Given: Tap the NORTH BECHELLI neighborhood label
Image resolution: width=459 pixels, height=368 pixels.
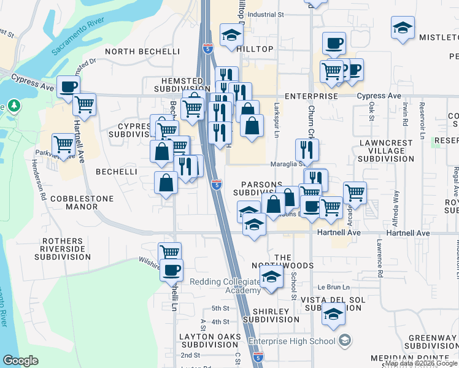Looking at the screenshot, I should coord(142,52).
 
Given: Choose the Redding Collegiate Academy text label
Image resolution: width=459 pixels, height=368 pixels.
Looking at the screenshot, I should coord(225,286).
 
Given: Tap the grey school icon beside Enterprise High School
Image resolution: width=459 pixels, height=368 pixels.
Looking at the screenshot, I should coord(345,340).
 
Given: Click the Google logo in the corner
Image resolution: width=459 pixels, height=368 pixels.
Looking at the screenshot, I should coord(20,361).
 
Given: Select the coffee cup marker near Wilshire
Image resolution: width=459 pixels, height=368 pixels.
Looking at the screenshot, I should coord(171,269).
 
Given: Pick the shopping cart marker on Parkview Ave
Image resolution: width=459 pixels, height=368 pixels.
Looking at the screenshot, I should coord(64,145).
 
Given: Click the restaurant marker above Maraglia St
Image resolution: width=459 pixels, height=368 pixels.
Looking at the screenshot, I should coord(307,149).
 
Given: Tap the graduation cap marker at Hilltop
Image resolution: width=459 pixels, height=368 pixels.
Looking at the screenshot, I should coord(231,35).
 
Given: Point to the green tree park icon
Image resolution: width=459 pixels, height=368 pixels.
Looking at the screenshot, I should coord(13,106).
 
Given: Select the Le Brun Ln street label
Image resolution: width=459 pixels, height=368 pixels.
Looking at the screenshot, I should coord(333,287).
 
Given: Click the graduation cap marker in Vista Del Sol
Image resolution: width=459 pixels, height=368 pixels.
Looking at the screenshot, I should coord(333,315).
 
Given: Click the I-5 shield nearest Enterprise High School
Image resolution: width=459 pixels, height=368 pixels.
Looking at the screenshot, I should coord(258,356).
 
